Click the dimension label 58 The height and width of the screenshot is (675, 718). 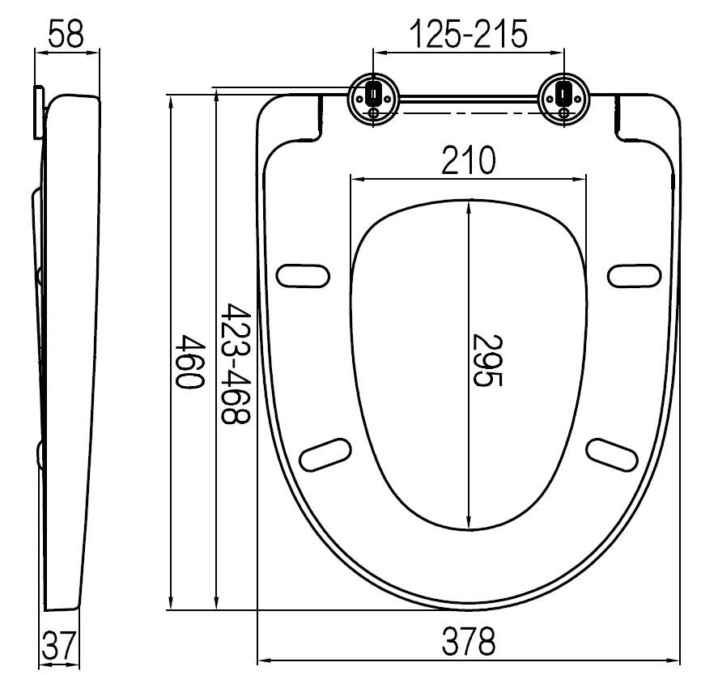66,33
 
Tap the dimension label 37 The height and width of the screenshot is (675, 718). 58,645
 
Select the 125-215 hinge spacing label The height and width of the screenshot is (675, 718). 469,34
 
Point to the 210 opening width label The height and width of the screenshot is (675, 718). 469,159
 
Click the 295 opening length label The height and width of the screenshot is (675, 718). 487,361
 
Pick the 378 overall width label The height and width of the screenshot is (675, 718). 469,641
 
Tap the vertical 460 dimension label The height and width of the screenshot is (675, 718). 191,362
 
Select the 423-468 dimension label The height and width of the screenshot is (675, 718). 236,363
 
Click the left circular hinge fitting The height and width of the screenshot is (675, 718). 373,98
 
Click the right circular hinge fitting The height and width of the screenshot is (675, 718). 563,98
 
